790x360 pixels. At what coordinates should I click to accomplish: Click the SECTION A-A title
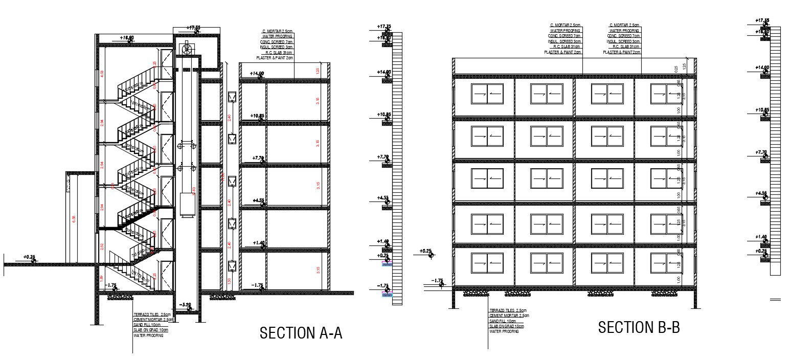[x=301, y=333]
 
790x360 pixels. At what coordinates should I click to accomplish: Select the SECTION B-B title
[x=639, y=327]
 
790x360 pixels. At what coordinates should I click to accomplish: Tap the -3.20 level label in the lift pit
[x=185, y=305]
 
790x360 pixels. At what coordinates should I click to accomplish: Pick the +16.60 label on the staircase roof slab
[x=127, y=38]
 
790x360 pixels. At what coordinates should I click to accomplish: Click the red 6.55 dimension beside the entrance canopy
[x=74, y=219]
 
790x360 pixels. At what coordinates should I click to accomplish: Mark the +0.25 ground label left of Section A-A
[x=29, y=257]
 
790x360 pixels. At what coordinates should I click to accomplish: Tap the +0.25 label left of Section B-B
[x=425, y=251]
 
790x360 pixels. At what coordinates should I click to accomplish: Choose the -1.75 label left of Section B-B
[x=437, y=281]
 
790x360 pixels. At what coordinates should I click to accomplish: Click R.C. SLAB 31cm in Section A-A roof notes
[x=279, y=53]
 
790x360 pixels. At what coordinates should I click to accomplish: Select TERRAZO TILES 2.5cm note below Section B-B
[x=508, y=311]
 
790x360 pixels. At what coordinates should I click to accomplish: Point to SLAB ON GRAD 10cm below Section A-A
[x=150, y=330]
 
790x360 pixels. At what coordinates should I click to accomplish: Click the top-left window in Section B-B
[x=487, y=94]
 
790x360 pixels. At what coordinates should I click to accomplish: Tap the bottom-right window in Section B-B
[x=666, y=263]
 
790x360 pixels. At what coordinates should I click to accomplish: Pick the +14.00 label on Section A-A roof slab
[x=257, y=74]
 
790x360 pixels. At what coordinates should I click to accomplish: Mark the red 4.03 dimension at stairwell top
[x=102, y=74]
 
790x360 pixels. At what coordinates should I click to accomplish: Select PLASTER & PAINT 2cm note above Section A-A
[x=275, y=58]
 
